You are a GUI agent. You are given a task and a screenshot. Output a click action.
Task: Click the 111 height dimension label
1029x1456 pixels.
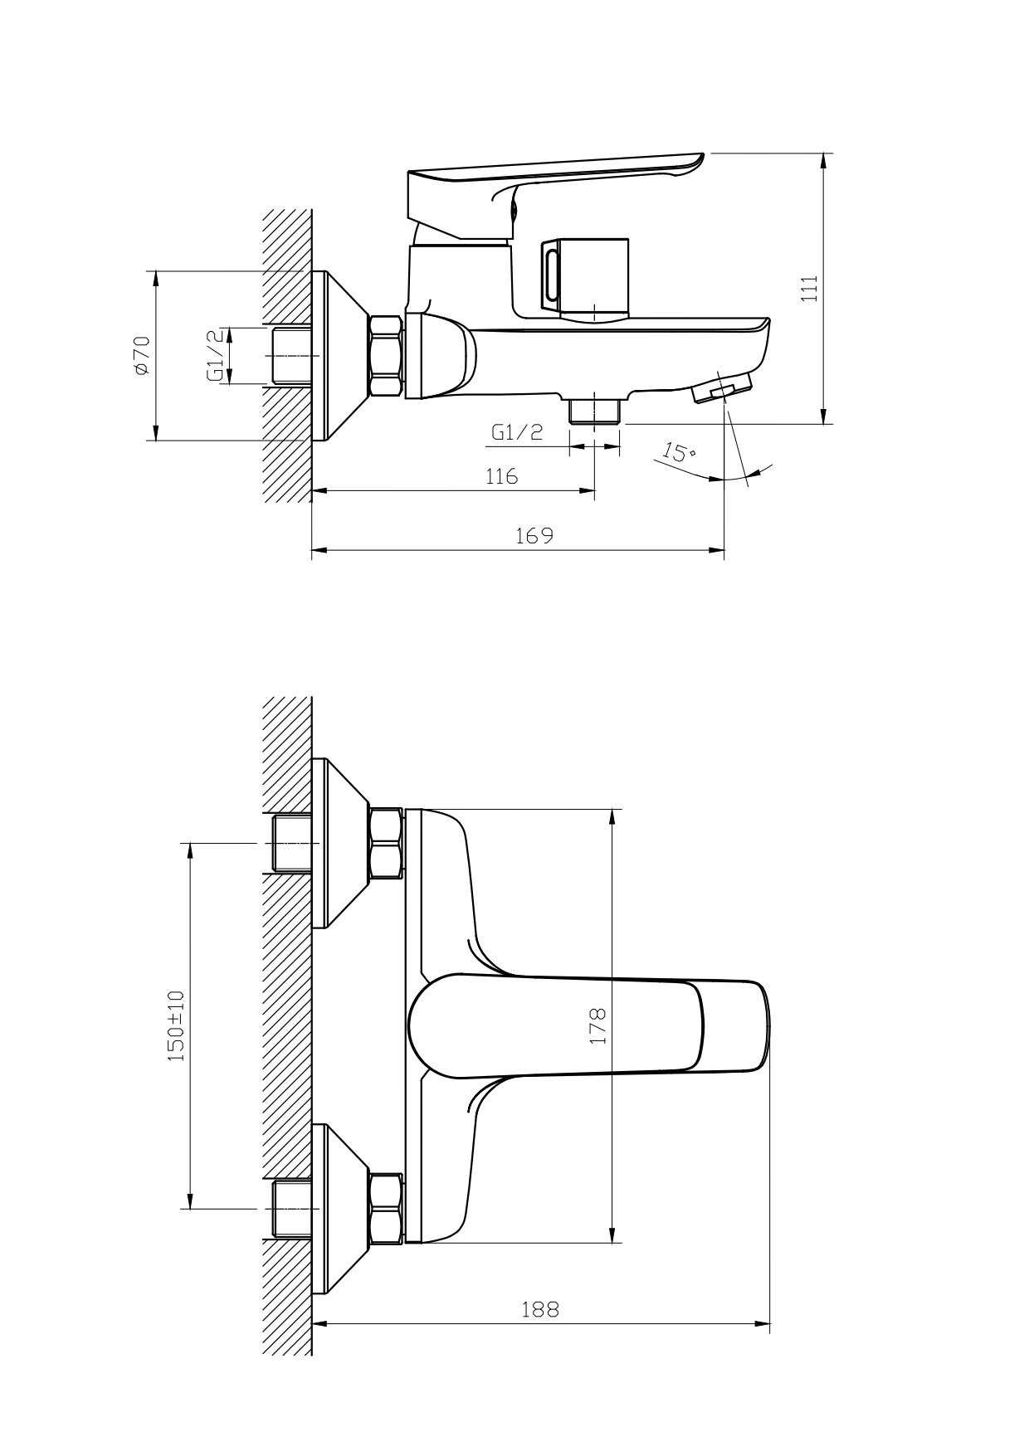click(810, 288)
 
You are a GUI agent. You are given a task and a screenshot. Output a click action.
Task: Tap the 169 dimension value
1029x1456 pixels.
click(534, 535)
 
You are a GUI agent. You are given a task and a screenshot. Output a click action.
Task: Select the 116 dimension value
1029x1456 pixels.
click(501, 476)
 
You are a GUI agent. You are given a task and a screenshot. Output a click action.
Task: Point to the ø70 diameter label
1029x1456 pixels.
click(142, 356)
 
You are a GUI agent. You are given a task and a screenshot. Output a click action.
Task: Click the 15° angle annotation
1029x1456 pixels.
click(679, 453)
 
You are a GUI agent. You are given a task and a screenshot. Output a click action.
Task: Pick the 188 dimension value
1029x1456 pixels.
click(540, 1309)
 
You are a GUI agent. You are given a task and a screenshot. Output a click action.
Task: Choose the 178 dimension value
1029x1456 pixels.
click(598, 1025)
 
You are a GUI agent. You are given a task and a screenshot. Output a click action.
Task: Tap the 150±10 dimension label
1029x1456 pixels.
click(176, 1025)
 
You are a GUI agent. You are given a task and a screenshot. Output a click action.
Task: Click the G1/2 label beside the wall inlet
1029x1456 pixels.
click(215, 355)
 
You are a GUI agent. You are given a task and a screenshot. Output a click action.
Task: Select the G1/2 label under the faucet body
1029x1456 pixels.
click(517, 431)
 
